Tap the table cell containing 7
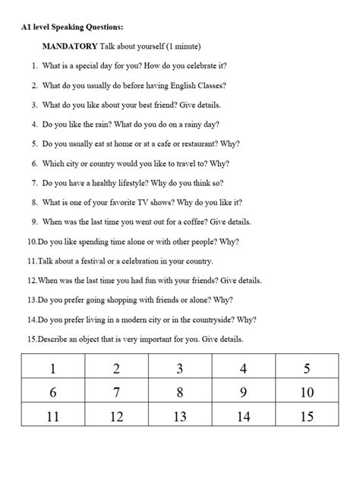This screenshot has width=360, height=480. click(x=116, y=392)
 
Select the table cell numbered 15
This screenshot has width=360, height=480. click(x=306, y=415)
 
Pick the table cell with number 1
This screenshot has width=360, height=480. click(x=53, y=369)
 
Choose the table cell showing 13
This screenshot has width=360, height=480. click(x=180, y=415)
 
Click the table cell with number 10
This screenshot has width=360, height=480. click(x=306, y=392)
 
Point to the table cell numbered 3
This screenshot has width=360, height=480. click(x=180, y=369)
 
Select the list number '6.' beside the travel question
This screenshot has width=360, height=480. click(x=35, y=163)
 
